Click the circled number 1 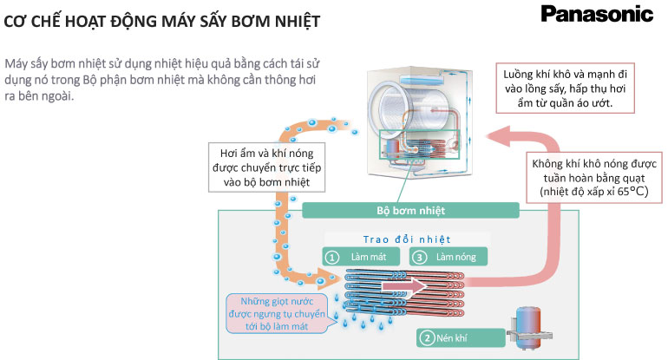(x=331, y=257)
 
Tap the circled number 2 (x=426, y=337)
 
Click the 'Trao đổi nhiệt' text (x=407, y=239)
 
